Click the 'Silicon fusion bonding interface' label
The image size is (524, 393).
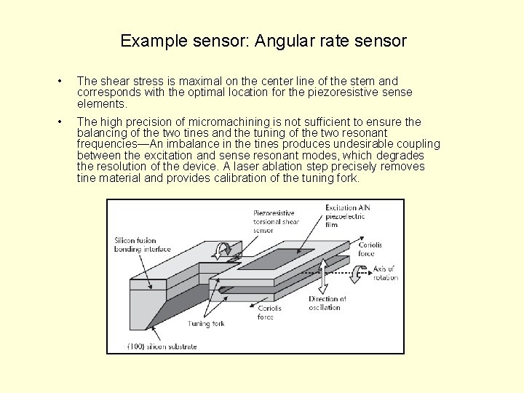coord(142,245)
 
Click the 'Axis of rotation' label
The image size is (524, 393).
coord(384,274)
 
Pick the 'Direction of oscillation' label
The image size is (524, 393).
coord(327,303)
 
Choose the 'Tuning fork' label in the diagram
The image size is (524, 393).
coord(207,323)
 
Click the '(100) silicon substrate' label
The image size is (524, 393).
coord(162,346)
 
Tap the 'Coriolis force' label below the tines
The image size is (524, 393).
coord(269,311)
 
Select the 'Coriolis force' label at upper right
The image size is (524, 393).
coord(370,249)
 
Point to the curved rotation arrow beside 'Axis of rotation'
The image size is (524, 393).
coord(358,274)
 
